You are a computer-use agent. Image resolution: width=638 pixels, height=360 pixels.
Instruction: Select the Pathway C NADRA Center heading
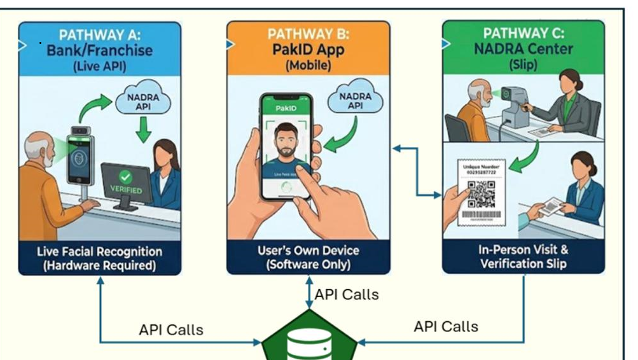click(524, 48)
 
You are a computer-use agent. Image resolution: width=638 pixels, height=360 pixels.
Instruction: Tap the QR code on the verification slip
click(482, 193)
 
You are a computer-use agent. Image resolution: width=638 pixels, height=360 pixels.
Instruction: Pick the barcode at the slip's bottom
click(482, 217)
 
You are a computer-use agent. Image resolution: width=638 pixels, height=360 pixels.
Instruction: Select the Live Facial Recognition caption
click(99, 258)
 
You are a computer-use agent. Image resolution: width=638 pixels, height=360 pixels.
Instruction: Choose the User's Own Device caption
click(309, 258)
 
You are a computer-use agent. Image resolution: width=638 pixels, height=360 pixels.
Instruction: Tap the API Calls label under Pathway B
click(347, 294)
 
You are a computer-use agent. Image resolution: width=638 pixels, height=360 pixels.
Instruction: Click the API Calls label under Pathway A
click(171, 329)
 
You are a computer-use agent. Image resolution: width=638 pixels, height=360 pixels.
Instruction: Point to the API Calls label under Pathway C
click(446, 326)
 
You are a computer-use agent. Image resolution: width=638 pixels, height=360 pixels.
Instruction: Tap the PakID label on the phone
click(286, 108)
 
